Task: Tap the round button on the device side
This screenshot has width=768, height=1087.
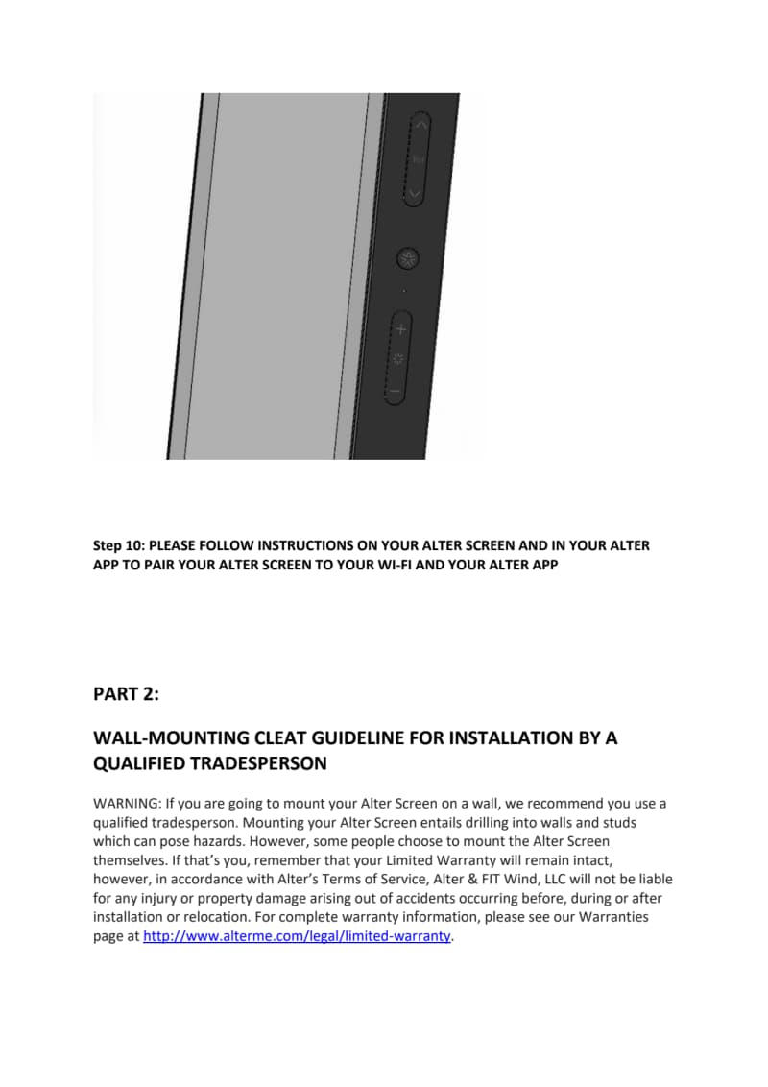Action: click(408, 258)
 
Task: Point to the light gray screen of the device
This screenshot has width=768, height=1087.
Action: click(278, 278)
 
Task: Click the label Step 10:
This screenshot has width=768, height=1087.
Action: click(119, 545)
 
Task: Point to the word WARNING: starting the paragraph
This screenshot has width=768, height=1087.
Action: click(127, 803)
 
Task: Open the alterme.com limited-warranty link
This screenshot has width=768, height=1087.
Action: click(297, 936)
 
